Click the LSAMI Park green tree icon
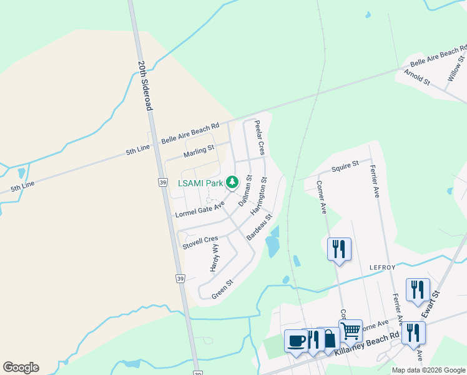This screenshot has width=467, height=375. pos(232,182)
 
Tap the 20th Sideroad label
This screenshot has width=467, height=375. pos(145,86)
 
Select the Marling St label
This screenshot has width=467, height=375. pos(199,151)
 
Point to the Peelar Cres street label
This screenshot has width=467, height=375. pos(259,137)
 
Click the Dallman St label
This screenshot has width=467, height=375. pos(244,191)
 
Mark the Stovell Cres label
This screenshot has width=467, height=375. pos(200,242)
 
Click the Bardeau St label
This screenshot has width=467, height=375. pos(260,227)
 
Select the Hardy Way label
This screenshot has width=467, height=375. pos(214,257)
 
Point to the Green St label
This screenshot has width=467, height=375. pos(222,289)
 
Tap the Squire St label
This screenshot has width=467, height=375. pos(345,166)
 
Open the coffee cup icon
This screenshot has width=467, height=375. pos(296,341)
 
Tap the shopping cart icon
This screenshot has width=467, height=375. pos(350,329)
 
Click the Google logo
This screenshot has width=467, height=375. pos(21,367)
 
